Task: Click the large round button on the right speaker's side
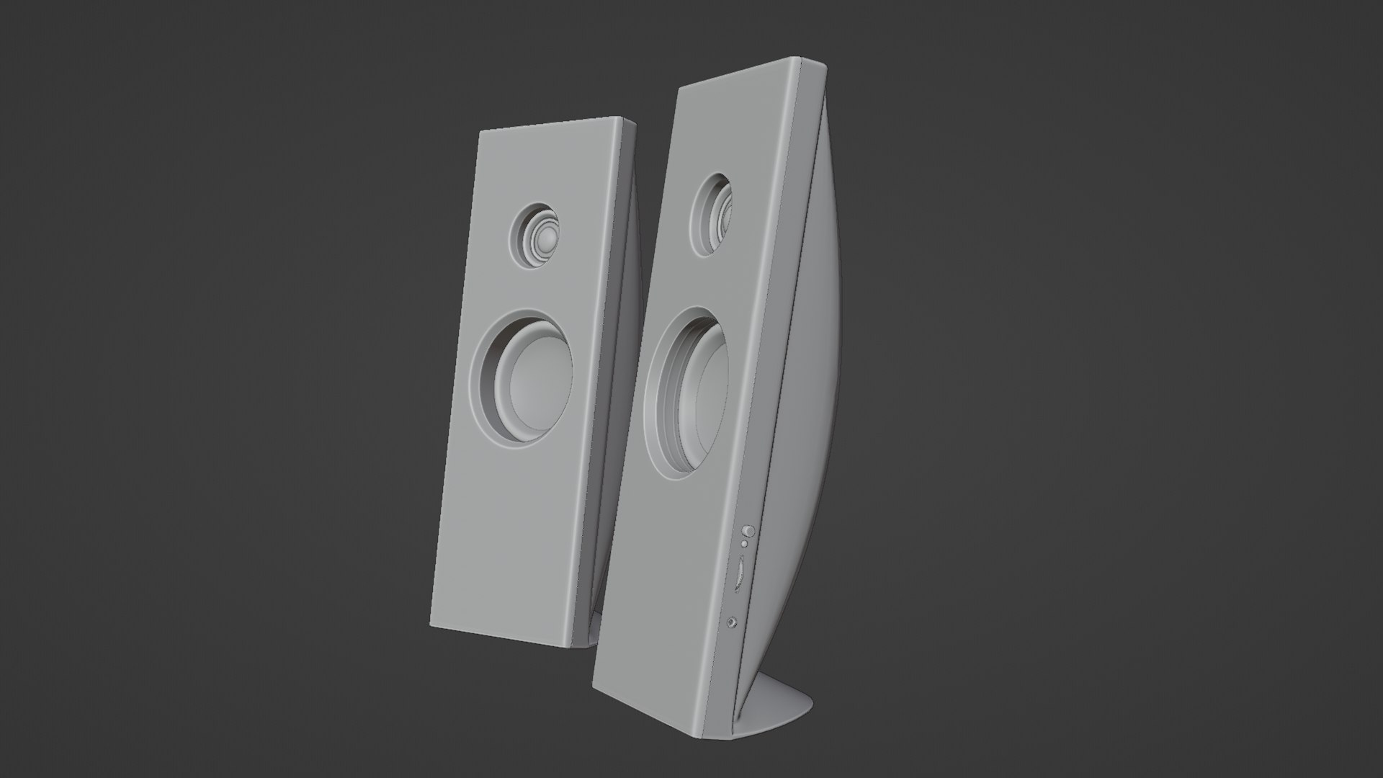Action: point(749,532)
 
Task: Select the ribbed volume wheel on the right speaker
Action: point(739,572)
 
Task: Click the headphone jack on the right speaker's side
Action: point(733,601)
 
